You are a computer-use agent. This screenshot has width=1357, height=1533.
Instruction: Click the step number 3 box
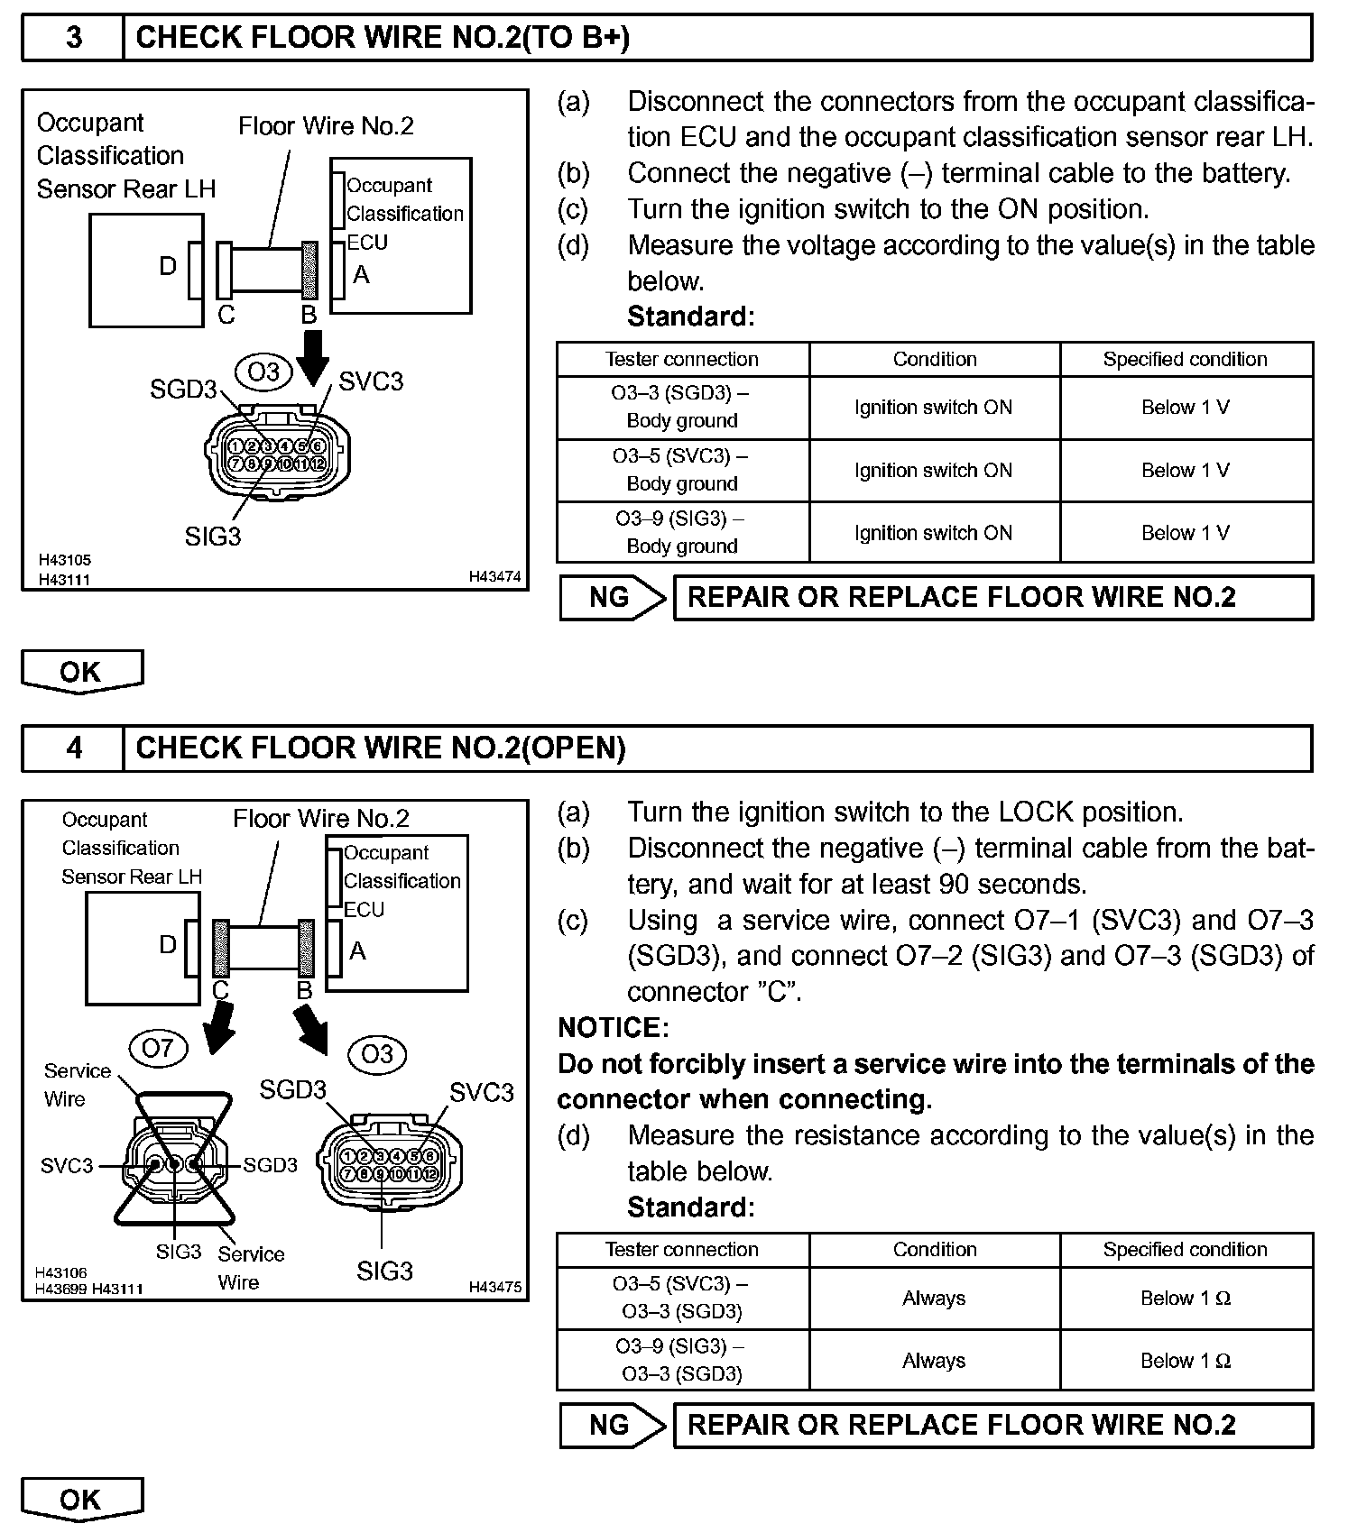pyautogui.click(x=73, y=37)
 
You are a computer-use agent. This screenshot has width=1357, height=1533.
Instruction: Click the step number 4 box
pyautogui.click(x=73, y=748)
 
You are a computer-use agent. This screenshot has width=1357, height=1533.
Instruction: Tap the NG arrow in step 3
pyautogui.click(x=613, y=597)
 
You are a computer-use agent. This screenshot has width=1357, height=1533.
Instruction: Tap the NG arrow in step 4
pyautogui.click(x=613, y=1425)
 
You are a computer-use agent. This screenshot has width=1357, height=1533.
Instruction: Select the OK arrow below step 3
pyautogui.click(x=81, y=672)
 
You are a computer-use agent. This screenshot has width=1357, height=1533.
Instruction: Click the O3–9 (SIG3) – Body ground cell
pyautogui.click(x=682, y=532)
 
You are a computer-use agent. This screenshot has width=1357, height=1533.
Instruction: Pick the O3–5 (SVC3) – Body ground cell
pyautogui.click(x=682, y=470)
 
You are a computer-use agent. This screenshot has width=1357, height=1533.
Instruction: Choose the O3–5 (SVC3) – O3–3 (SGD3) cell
pyautogui.click(x=682, y=1298)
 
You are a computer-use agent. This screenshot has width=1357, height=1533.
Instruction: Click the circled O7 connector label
pyautogui.click(x=157, y=1048)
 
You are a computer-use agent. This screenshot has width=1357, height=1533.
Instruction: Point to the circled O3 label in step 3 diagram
pyautogui.click(x=263, y=372)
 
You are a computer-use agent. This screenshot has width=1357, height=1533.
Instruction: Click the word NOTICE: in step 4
pyautogui.click(x=614, y=1028)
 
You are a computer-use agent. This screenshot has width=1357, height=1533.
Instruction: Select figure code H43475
pyautogui.click(x=494, y=1288)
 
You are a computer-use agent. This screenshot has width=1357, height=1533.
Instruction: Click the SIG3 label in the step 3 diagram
pyautogui.click(x=213, y=537)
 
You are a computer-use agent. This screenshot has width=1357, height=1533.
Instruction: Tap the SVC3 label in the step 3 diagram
pyautogui.click(x=371, y=381)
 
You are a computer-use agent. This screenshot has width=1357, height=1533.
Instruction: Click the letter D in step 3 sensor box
pyautogui.click(x=168, y=266)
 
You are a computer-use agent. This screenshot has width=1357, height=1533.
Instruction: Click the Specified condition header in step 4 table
pyautogui.click(x=1185, y=1250)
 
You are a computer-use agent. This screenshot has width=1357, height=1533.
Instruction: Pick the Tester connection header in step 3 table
pyautogui.click(x=682, y=359)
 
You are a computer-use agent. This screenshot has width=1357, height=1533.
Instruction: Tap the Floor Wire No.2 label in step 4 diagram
pyautogui.click(x=320, y=819)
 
